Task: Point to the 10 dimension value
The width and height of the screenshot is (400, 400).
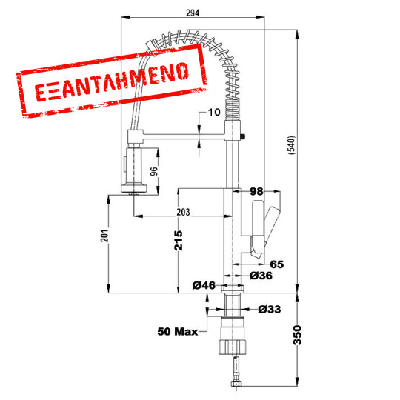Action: pos(215,113)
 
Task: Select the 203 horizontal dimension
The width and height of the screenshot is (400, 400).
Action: pos(183,213)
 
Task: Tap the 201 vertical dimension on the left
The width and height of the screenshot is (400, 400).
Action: pos(104,236)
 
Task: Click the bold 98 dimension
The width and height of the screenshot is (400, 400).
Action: pos(257,192)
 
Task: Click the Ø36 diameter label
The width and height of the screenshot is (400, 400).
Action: pos(261,276)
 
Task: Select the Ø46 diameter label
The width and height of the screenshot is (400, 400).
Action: pos(203,285)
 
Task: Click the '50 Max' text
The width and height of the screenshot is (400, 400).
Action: pos(177,331)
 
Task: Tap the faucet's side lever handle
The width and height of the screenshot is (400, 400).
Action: pos(266,226)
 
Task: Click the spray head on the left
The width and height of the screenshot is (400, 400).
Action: pos(133,170)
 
